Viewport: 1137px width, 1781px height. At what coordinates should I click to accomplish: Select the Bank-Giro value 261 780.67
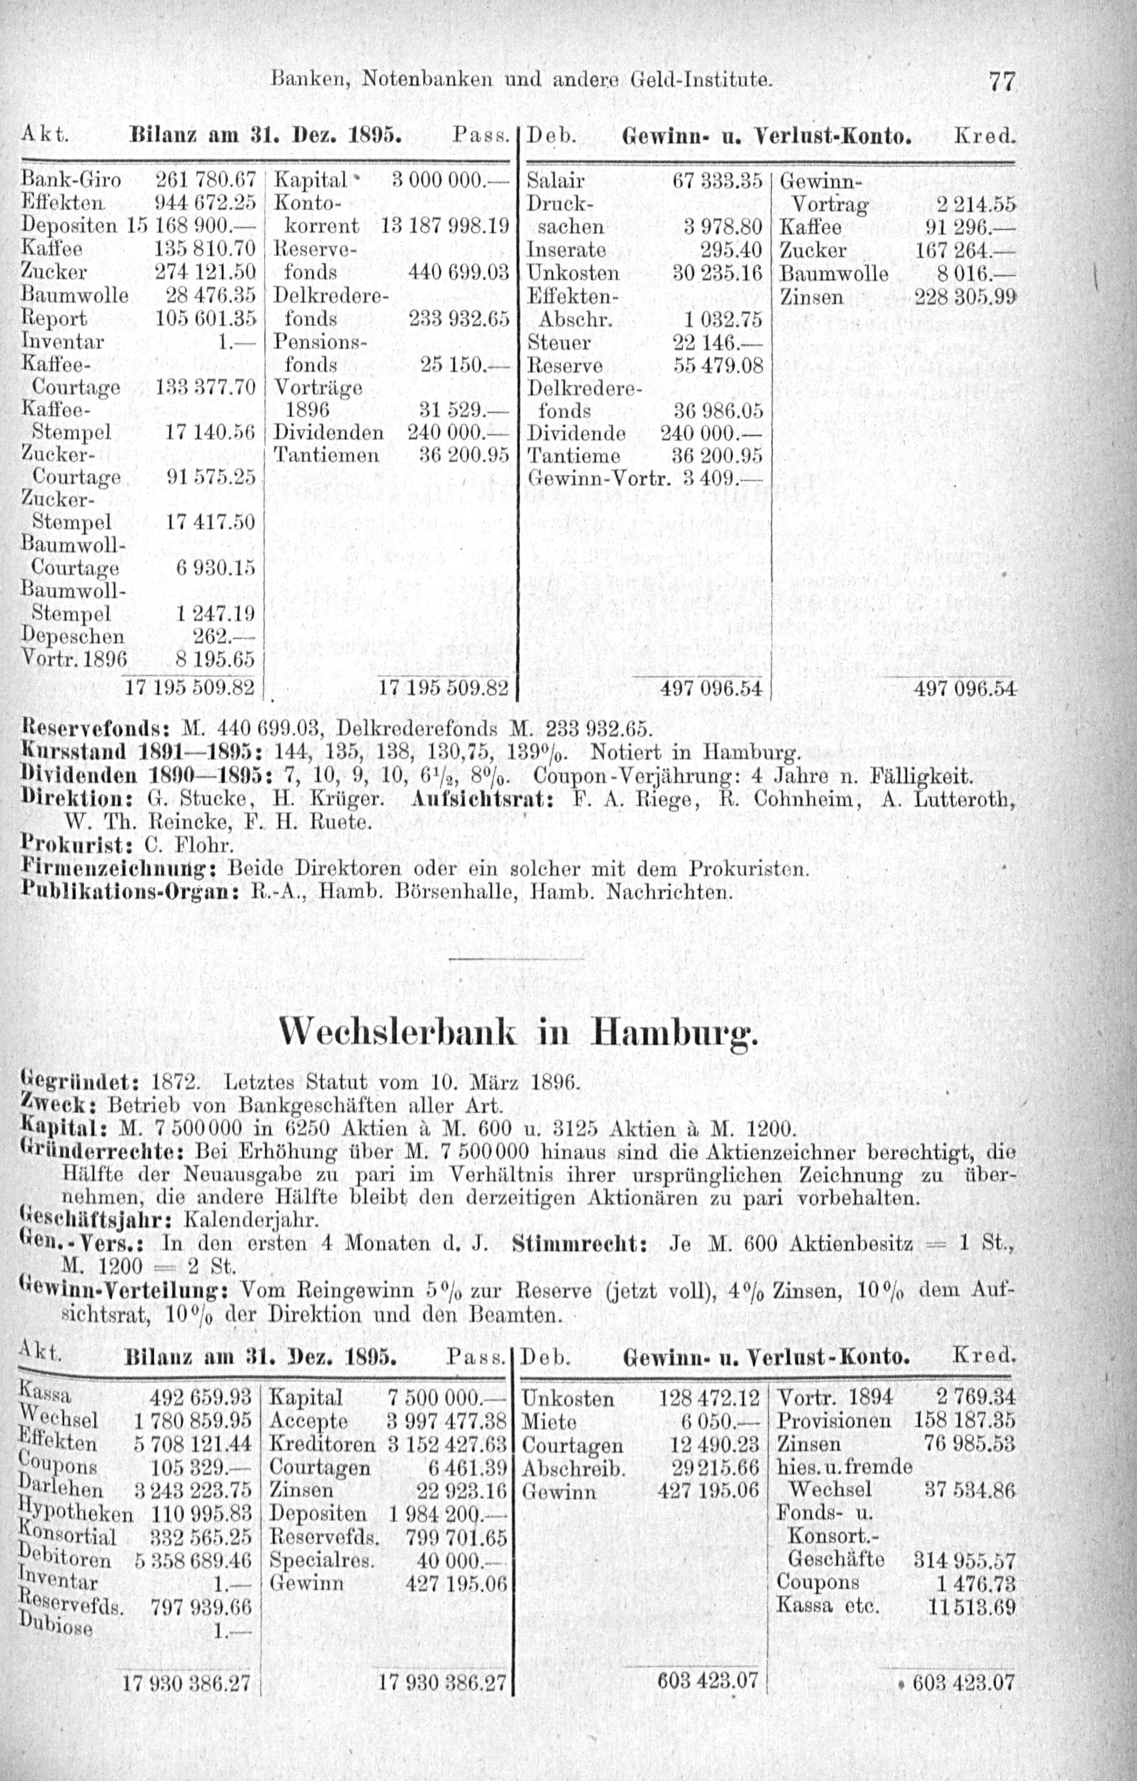[205, 180]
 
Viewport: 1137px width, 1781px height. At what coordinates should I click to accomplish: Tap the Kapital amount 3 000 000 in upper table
[442, 180]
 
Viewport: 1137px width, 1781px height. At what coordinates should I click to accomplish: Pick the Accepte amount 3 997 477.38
[446, 1421]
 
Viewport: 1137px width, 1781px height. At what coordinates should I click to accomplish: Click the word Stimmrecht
[579, 1244]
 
